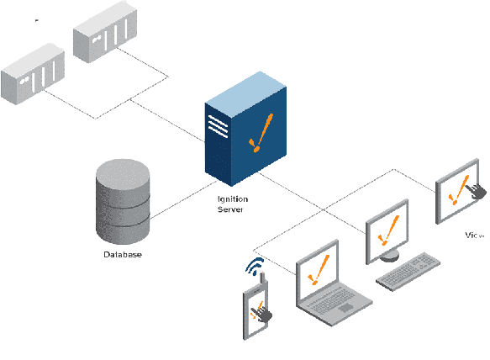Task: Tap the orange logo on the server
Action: click(x=260, y=135)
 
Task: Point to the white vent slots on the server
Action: click(x=218, y=126)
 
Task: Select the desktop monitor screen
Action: click(x=387, y=228)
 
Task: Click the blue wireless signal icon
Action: click(x=254, y=267)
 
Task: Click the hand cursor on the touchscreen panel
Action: click(x=477, y=192)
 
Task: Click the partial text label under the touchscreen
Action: click(x=475, y=236)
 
